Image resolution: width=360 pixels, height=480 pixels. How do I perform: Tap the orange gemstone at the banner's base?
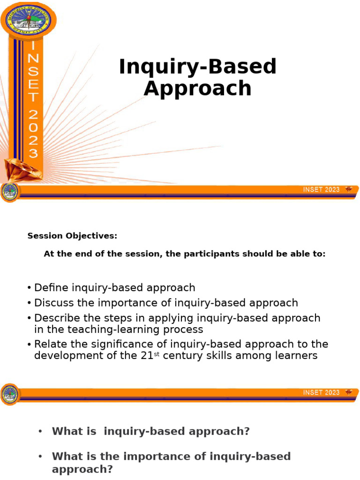click(22, 169)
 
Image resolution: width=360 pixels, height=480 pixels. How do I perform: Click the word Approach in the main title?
click(197, 88)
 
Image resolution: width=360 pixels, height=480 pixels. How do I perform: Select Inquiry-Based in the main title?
click(197, 67)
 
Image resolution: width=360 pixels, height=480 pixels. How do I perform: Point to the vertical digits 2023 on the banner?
click(33, 134)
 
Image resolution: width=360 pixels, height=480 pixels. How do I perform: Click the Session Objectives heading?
click(72, 236)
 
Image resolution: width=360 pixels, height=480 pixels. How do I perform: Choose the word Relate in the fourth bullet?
click(49, 344)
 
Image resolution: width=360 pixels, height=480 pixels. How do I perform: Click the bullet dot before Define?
click(30, 288)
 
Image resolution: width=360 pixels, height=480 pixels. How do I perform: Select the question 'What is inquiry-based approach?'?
click(150, 432)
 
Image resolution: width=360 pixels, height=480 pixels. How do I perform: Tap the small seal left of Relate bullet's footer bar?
click(10, 393)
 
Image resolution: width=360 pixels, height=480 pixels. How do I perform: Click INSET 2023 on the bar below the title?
click(322, 189)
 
